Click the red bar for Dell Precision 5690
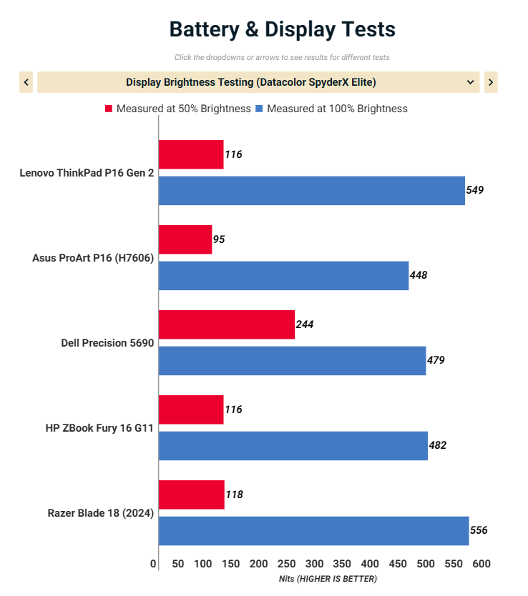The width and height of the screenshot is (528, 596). click(x=226, y=324)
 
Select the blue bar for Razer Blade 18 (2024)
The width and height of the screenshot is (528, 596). click(x=313, y=530)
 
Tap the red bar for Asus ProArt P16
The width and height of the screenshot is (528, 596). click(x=185, y=239)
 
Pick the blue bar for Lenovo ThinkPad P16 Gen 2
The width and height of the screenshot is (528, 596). click(x=311, y=191)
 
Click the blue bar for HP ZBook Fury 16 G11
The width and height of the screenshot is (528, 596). click(x=293, y=445)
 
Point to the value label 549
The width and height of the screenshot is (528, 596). click(x=475, y=190)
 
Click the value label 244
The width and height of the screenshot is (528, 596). click(x=305, y=324)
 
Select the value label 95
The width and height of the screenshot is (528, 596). click(x=219, y=239)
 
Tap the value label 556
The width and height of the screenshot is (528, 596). click(x=479, y=530)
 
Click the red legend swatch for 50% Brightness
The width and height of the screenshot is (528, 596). click(x=109, y=109)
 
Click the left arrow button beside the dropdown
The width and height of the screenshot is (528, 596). click(x=26, y=82)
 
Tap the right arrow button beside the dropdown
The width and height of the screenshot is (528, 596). click(x=491, y=82)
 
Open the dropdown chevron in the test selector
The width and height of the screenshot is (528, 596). click(x=470, y=82)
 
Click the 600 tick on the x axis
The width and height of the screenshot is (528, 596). click(x=482, y=565)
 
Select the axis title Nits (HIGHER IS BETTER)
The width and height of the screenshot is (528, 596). click(x=328, y=579)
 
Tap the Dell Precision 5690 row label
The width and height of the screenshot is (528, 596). click(x=107, y=342)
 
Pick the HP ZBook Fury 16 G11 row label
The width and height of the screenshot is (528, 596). click(x=99, y=427)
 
